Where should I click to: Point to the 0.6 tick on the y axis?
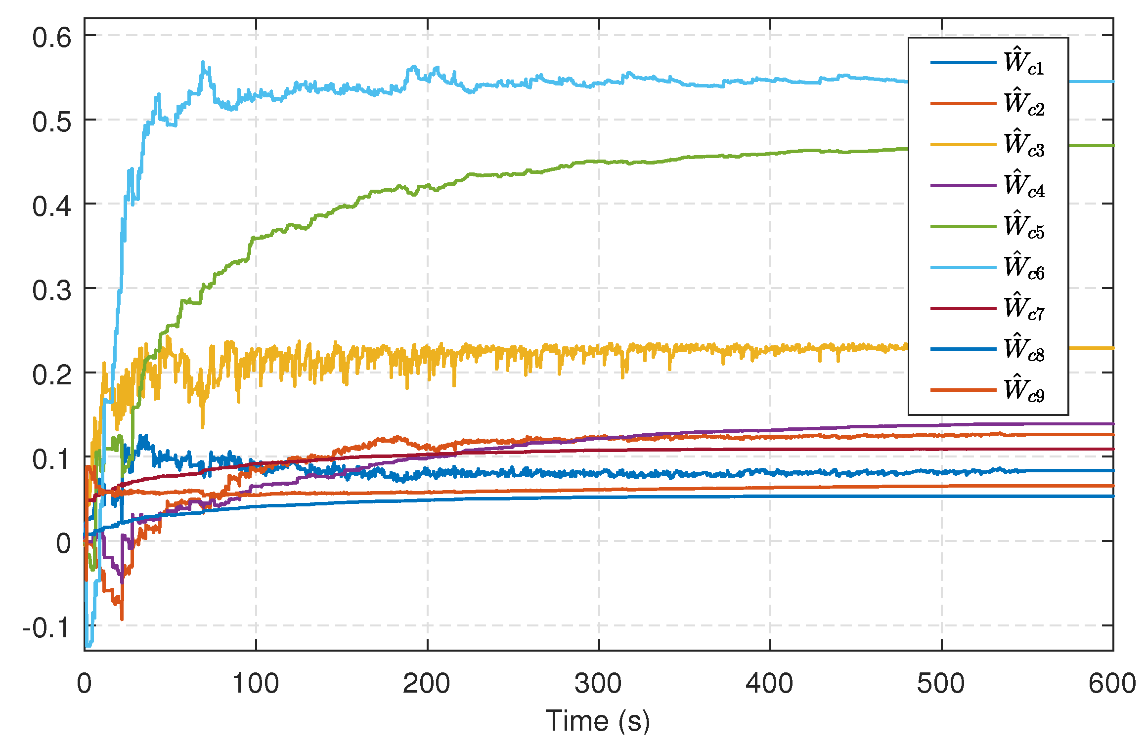[x=52, y=38]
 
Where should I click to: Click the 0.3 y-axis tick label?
[x=52, y=290]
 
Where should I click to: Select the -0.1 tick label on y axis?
[x=46, y=628]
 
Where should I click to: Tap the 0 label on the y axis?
[x=63, y=543]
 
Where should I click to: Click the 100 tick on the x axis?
[x=256, y=684]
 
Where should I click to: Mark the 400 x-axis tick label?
[x=770, y=684]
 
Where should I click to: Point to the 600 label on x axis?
[x=1111, y=684]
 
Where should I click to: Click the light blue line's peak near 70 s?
[x=203, y=63]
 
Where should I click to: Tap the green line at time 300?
[x=599, y=162]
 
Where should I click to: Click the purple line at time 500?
[x=941, y=424]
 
